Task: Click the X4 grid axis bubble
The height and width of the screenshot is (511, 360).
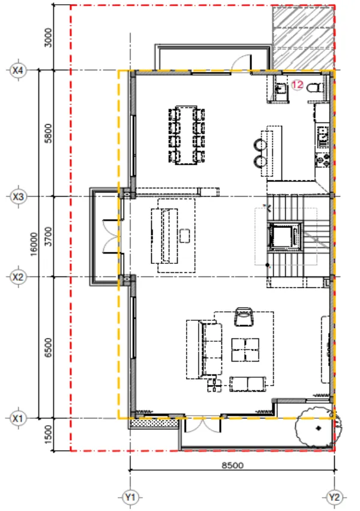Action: click(x=17, y=70)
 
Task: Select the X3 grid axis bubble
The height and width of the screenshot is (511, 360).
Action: click(x=17, y=197)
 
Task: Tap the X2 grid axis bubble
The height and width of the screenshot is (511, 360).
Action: click(x=17, y=277)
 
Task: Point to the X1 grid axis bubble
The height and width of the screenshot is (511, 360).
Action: click(x=17, y=418)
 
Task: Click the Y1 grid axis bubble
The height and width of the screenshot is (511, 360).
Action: click(x=130, y=497)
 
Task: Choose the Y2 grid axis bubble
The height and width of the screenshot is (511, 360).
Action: click(x=334, y=497)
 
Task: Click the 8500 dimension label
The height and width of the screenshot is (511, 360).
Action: click(x=233, y=465)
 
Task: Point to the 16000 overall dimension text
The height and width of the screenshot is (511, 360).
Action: click(x=34, y=244)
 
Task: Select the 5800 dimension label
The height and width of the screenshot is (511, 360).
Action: click(x=48, y=133)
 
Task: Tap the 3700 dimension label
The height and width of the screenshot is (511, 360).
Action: click(x=48, y=236)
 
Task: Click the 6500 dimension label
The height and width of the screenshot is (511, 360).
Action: click(x=48, y=348)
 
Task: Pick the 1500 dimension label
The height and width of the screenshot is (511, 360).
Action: click(x=48, y=434)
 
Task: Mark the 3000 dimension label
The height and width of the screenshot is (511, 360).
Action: click(x=48, y=38)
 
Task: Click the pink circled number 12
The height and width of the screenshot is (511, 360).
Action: click(x=297, y=85)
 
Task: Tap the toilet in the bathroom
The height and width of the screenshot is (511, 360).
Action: click(x=315, y=88)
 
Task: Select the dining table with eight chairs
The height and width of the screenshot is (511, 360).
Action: click(x=187, y=135)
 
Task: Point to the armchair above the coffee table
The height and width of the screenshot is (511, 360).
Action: click(x=244, y=317)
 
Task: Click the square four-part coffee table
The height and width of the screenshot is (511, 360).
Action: click(x=245, y=350)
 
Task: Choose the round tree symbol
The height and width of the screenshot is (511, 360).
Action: click(x=318, y=427)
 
